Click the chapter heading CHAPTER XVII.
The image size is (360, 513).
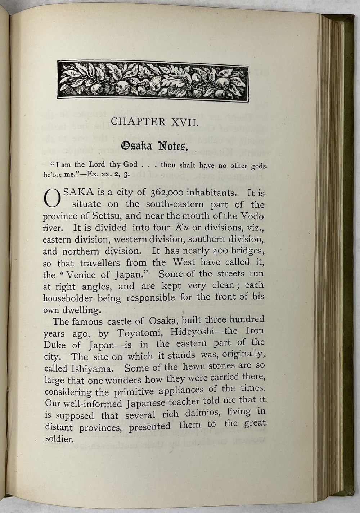(x=154, y=121)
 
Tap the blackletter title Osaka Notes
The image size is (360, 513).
(x=154, y=146)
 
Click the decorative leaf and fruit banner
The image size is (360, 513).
(x=153, y=81)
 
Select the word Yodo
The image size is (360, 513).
(x=254, y=216)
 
